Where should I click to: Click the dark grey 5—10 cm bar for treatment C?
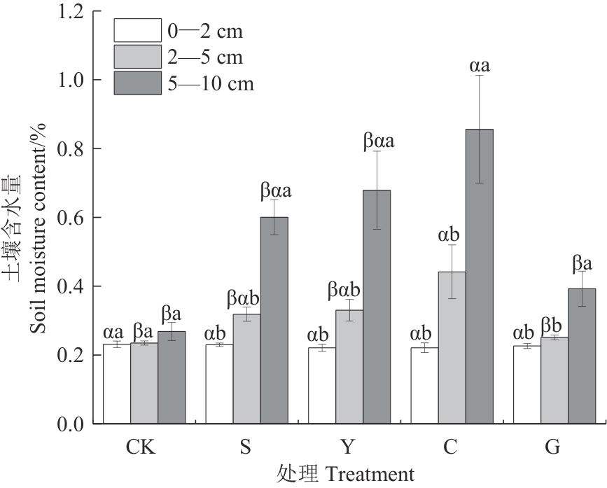point(479,277)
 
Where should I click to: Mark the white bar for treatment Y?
point(322,386)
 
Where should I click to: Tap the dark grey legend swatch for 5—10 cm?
point(137,83)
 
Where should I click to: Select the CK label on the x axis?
point(143,447)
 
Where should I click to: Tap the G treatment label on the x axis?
point(553,447)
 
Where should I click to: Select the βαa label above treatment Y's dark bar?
point(378,141)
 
